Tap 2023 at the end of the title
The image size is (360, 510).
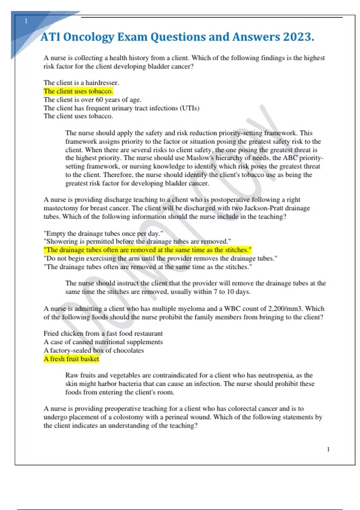[298, 37]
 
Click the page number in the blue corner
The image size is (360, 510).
[26, 21]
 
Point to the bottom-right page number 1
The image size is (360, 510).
[328, 449]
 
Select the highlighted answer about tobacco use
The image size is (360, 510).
[78, 91]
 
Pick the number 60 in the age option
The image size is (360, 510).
[99, 100]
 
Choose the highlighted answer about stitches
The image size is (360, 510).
[148, 250]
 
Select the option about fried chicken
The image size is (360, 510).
[103, 334]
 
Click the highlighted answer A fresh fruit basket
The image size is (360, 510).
[71, 359]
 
